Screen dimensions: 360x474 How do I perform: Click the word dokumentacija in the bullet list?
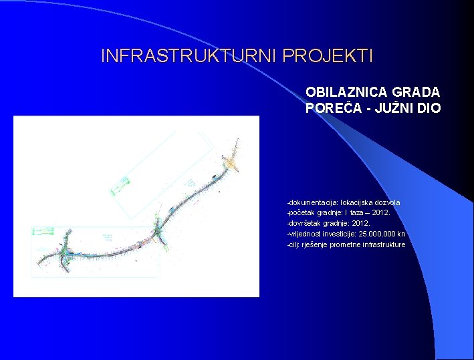click(x=313, y=202)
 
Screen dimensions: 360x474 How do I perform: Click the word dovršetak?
click(x=306, y=223)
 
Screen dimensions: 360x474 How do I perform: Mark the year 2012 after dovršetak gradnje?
click(x=378, y=223)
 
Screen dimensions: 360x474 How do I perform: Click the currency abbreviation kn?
click(x=401, y=234)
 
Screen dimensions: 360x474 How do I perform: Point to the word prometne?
click(x=341, y=244)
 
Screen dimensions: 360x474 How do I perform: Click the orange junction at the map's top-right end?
click(x=231, y=162)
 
